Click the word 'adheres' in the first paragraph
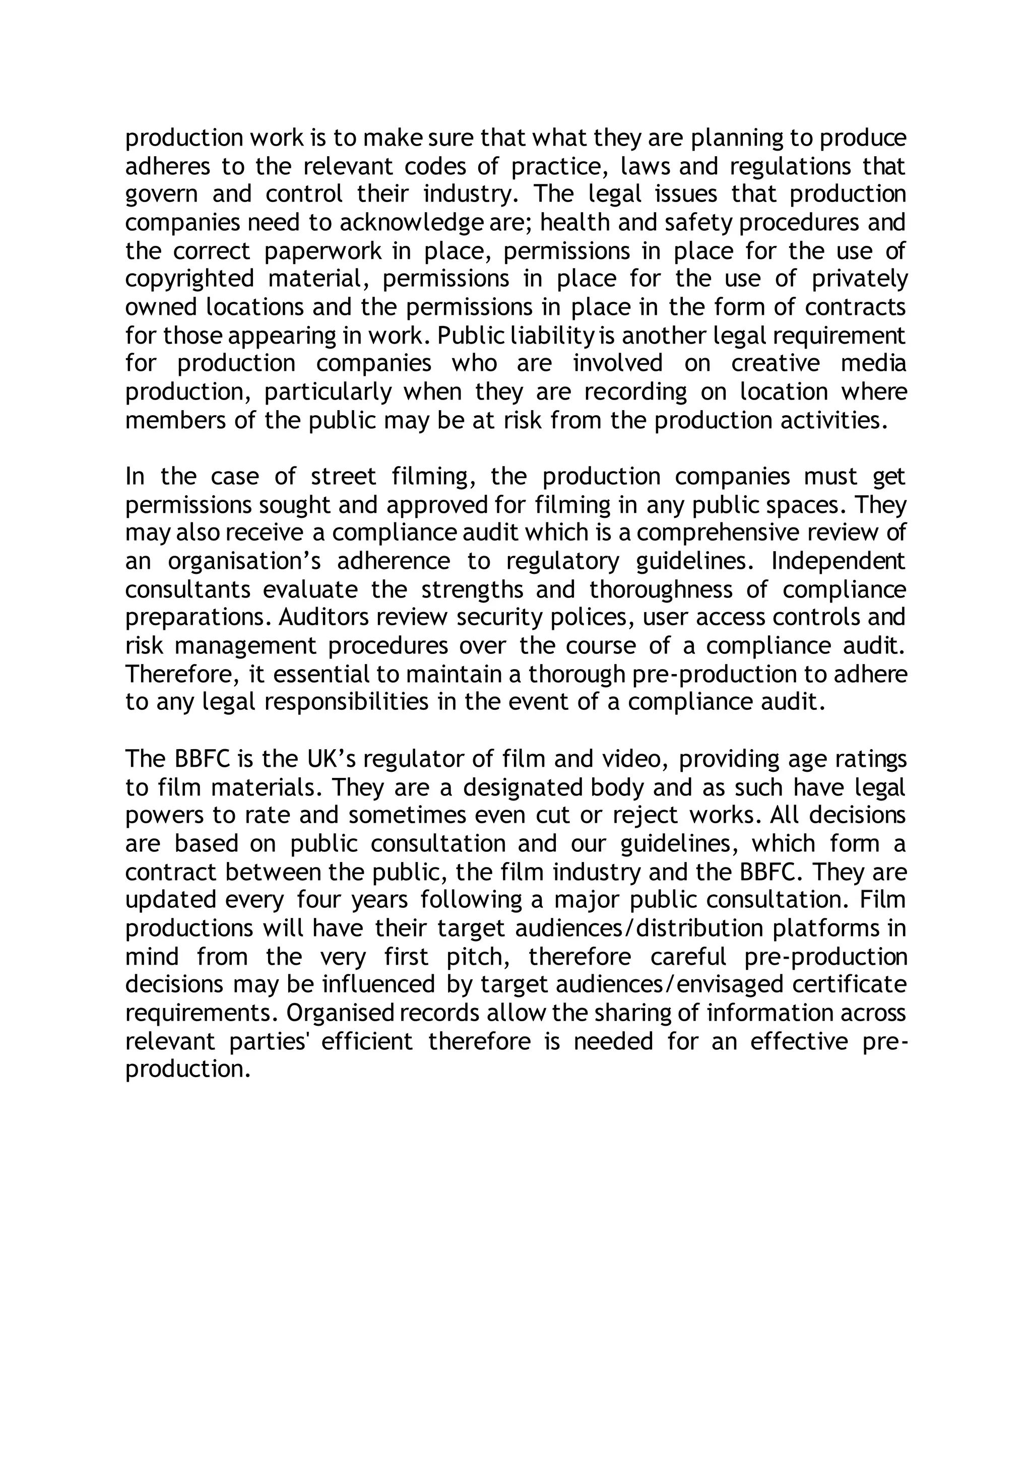[166, 166]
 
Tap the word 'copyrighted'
[189, 279]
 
